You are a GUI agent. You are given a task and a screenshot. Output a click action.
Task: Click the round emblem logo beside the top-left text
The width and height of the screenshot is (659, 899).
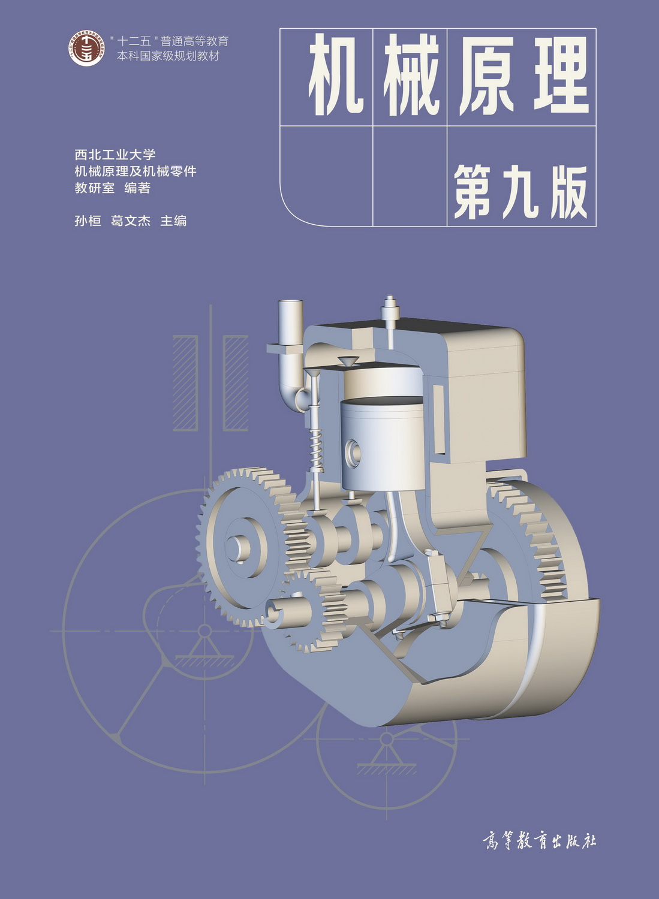tap(86, 49)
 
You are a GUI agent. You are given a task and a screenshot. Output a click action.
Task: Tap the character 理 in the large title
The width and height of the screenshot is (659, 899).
tap(562, 75)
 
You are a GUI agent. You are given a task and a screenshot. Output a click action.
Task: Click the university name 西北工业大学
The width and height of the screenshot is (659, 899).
tap(115, 154)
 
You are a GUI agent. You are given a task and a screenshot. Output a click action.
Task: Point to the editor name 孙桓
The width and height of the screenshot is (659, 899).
tap(88, 221)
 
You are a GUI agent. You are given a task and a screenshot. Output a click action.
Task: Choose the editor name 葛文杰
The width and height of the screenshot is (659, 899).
tap(131, 221)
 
